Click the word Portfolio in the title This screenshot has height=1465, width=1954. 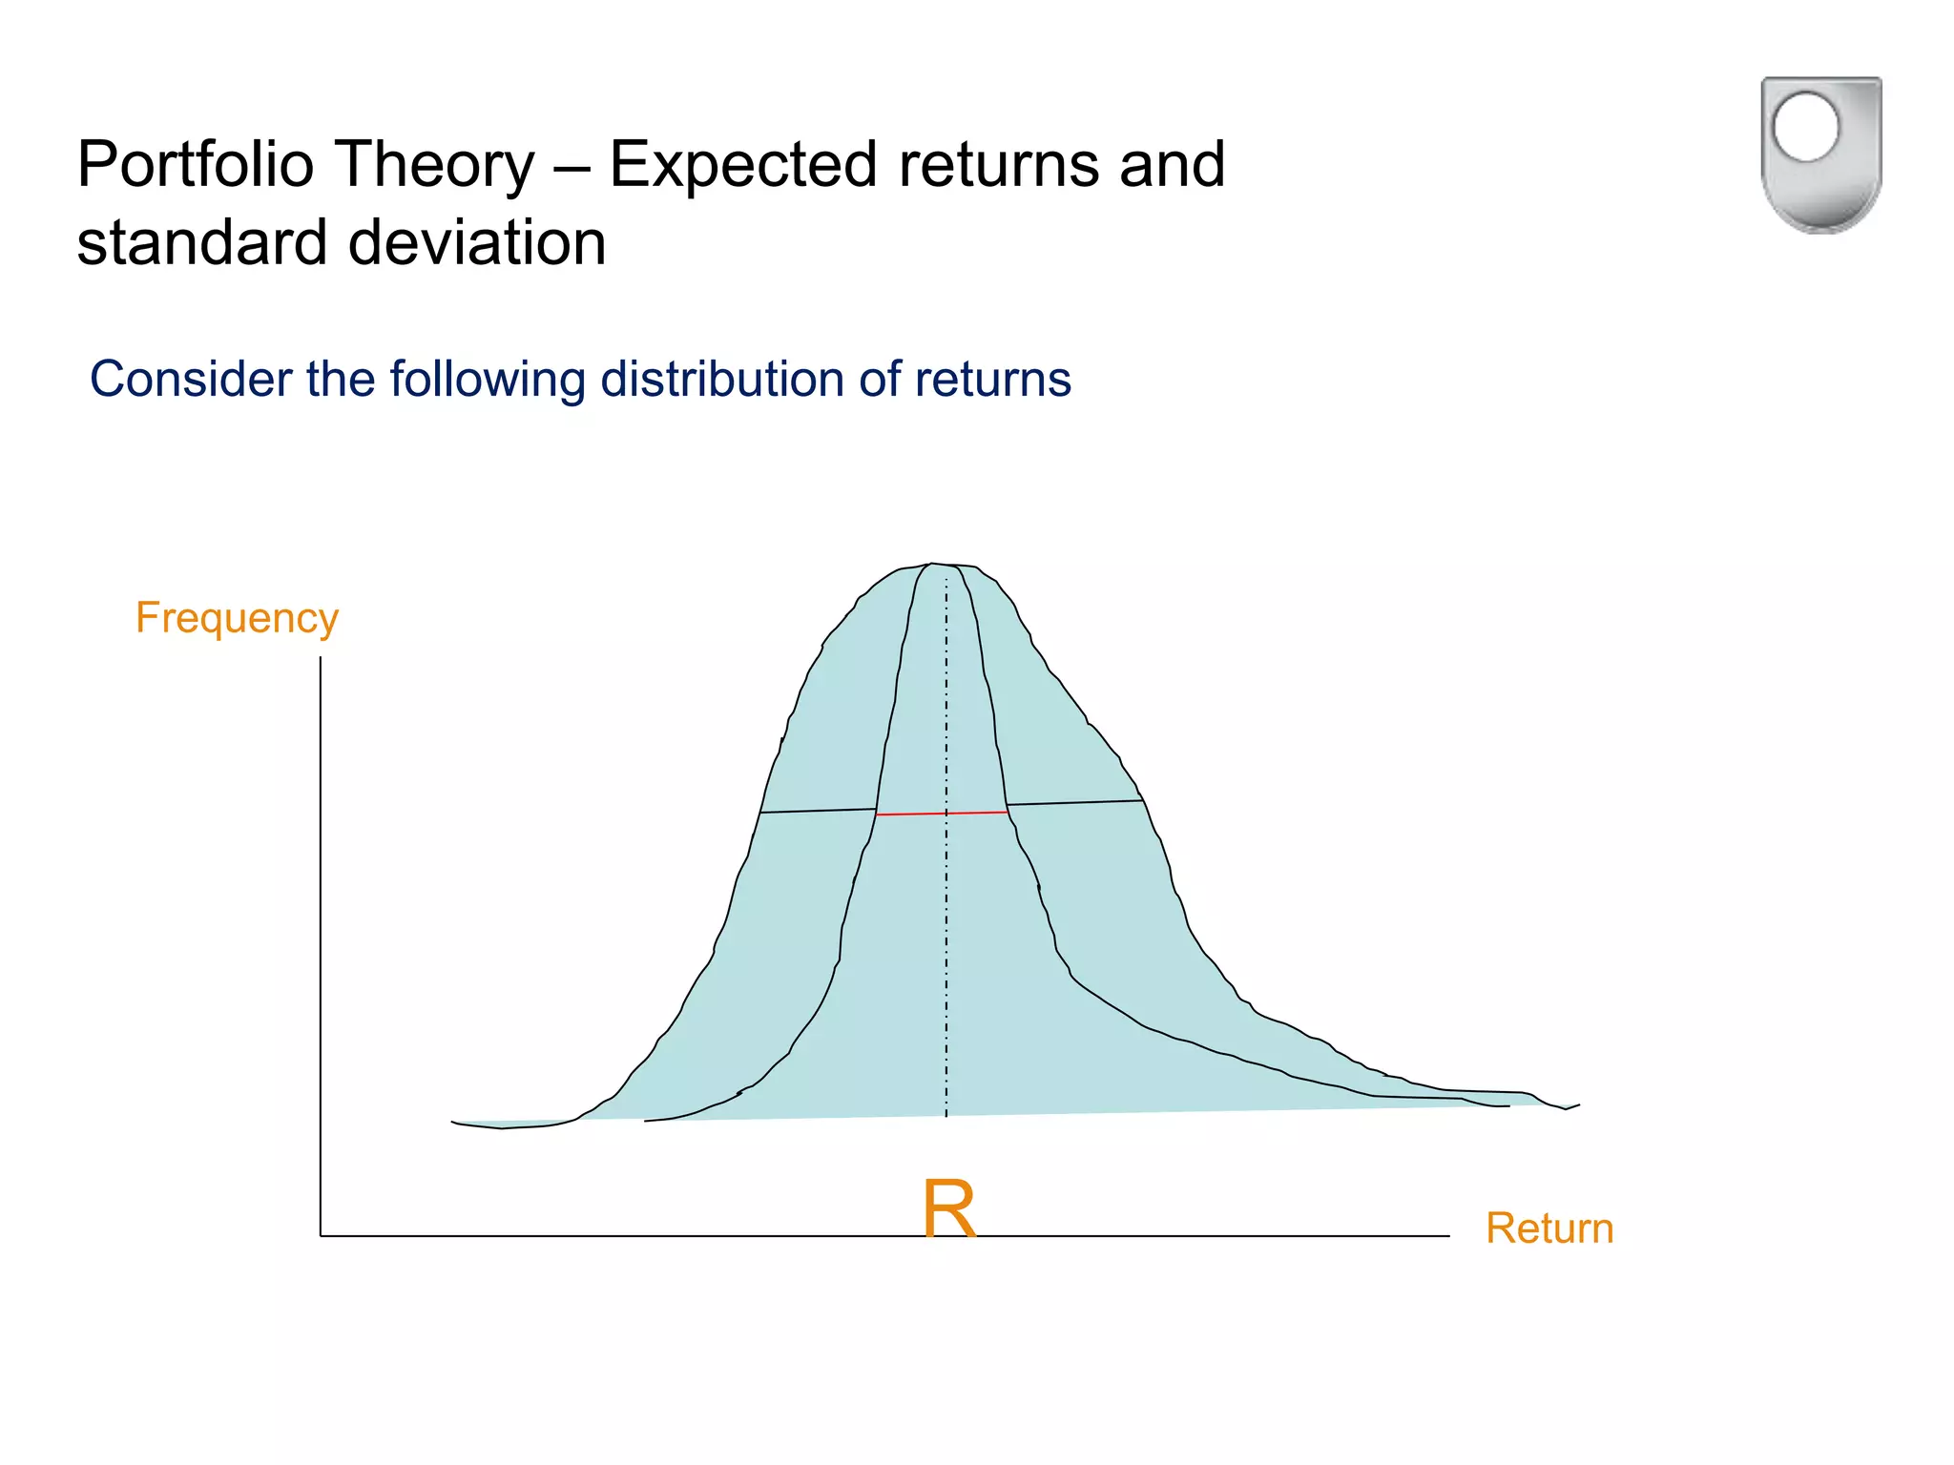point(196,164)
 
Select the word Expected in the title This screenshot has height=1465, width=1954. point(742,164)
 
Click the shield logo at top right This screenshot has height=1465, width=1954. point(1820,155)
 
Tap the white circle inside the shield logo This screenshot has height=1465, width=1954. point(1805,127)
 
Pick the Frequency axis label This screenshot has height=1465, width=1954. point(237,618)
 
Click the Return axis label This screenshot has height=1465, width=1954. point(1549,1228)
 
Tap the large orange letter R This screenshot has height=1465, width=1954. point(949,1208)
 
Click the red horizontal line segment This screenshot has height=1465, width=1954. point(942,814)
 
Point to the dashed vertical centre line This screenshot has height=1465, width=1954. point(946,954)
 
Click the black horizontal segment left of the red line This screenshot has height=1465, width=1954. point(818,811)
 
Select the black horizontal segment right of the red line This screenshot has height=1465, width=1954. point(1075,803)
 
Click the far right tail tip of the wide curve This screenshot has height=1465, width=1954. point(1576,1105)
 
